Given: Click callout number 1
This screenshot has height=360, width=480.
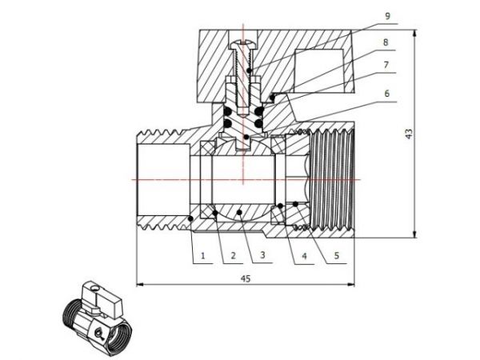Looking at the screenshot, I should tap(203, 256).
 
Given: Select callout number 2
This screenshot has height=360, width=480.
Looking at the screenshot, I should tap(233, 256).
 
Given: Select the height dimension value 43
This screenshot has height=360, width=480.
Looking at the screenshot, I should tap(409, 134).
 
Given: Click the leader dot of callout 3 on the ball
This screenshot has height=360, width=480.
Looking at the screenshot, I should tap(243, 212).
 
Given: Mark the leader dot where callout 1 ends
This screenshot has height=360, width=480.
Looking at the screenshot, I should tap(190, 218).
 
